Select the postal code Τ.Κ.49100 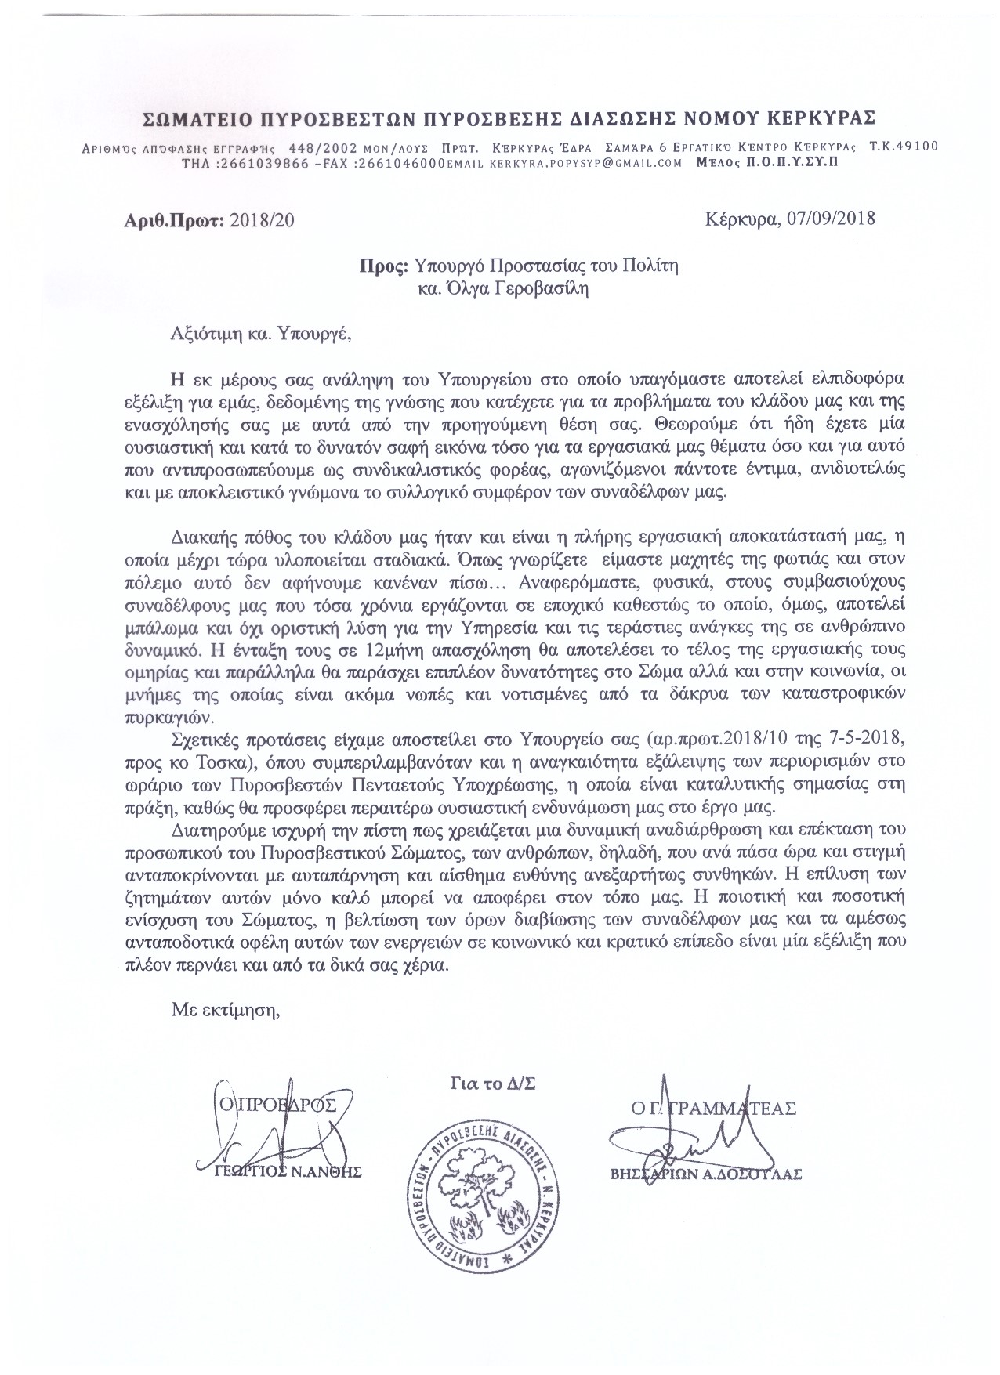click(904, 147)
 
